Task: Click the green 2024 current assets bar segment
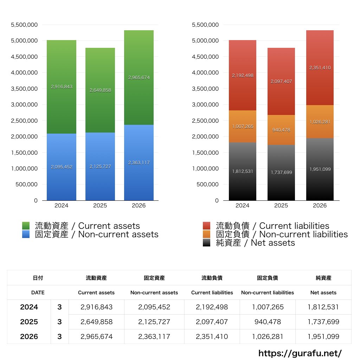pos(62,87)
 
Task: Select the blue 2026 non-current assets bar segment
pos(139,162)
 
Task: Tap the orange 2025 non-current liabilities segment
pos(281,130)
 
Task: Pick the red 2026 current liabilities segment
pos(320,68)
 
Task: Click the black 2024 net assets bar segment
pos(243,172)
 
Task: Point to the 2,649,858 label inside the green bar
pos(100,90)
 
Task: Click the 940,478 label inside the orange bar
pos(281,130)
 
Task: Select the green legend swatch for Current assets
pos(26,226)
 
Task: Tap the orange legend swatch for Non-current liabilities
pos(207,234)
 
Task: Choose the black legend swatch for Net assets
pos(207,243)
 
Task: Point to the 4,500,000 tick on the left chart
pos(24,57)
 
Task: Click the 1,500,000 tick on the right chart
pos(205,153)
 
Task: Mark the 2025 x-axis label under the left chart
pos(100,205)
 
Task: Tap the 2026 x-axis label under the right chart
pos(320,205)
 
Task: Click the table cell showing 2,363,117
pos(154,336)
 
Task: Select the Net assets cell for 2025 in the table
pos(323,322)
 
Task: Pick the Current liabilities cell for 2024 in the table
pos(212,307)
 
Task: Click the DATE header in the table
pos(38,293)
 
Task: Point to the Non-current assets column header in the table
pos(154,293)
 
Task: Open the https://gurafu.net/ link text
pos(300,353)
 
